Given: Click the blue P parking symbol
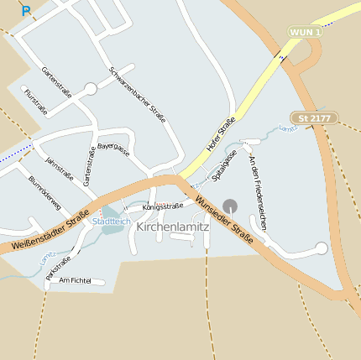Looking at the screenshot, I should click(26, 12).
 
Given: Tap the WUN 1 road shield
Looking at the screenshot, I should click(305, 32).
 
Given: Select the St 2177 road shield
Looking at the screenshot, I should click(316, 118).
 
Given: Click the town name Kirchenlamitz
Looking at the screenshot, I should click(172, 227).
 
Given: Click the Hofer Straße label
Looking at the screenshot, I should click(221, 138).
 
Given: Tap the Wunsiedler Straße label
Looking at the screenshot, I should click(224, 216).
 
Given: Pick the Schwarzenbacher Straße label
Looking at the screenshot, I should click(137, 94).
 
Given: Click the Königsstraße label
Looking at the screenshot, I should click(162, 206).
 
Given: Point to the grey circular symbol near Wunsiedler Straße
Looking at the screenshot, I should click(230, 206).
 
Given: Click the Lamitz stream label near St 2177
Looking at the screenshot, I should click(288, 128).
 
